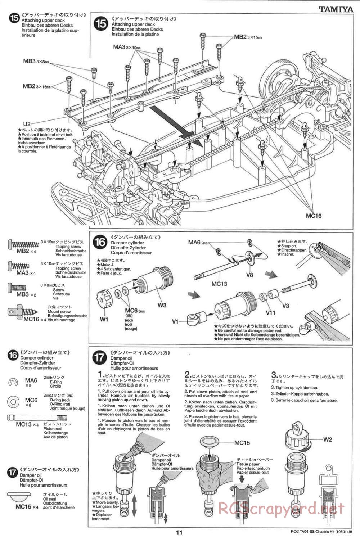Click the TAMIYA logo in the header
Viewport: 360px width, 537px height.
(336, 9)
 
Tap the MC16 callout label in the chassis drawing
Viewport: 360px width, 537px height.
(313, 216)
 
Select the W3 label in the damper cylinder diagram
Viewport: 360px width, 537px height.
(162, 305)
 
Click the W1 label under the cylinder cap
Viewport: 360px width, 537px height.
(104, 319)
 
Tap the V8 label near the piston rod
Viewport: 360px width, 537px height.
(249, 275)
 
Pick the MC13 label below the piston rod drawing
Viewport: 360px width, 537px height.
(219, 284)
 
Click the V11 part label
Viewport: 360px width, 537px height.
(271, 312)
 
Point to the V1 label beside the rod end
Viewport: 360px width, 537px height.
(175, 321)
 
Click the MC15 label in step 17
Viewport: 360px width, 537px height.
(242, 443)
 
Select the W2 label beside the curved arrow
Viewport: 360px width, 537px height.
(327, 439)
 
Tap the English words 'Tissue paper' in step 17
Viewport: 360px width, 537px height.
(248, 464)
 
